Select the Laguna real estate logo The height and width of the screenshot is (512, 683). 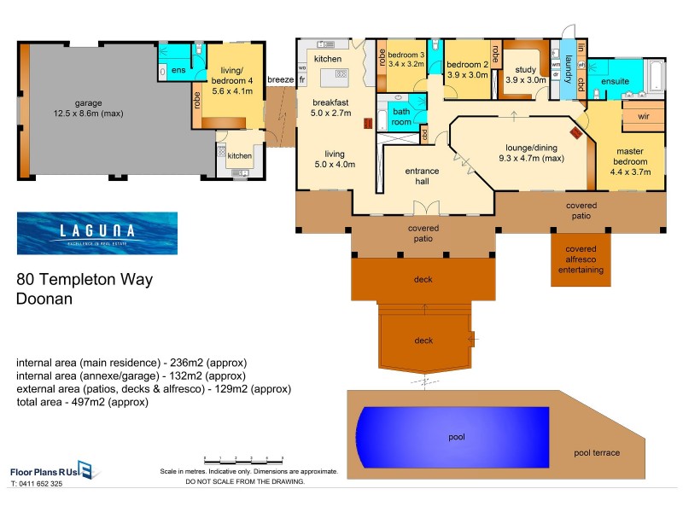96,233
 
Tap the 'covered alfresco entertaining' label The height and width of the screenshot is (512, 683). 581,259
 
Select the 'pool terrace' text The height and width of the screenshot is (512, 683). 597,452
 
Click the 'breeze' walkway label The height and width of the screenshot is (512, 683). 281,80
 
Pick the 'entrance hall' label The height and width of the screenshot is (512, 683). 422,177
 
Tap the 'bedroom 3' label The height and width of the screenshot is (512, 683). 406,56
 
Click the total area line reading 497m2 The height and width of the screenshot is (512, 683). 82,401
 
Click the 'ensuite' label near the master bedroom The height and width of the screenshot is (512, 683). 615,81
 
